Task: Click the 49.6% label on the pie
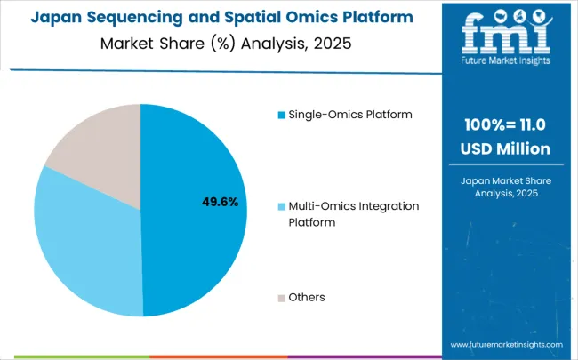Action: click(221, 202)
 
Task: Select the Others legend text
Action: click(307, 297)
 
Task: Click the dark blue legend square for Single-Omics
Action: click(282, 115)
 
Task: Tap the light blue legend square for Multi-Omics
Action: click(282, 206)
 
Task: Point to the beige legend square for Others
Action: click(282, 297)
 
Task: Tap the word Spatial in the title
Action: click(217, 18)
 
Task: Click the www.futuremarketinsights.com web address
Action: click(507, 344)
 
